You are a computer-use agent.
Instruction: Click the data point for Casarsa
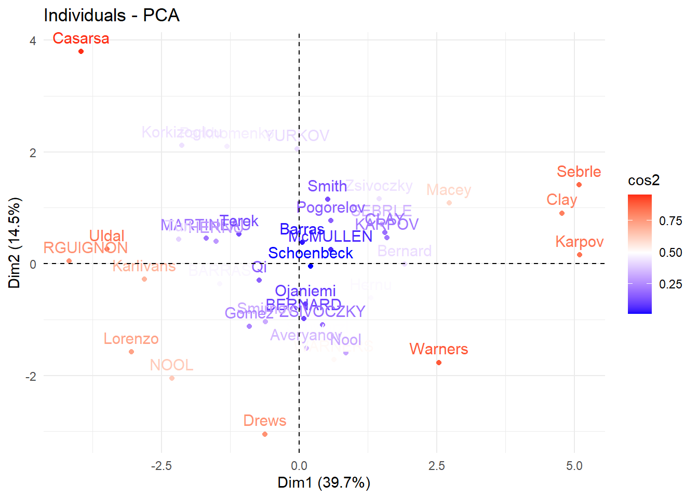pyautogui.click(x=81, y=51)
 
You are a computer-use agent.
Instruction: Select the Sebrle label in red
pyautogui.click(x=579, y=172)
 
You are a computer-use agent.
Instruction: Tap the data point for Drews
pyautogui.click(x=265, y=434)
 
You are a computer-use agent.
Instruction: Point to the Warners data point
pyautogui.click(x=439, y=363)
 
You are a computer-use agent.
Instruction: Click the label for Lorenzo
pyautogui.click(x=131, y=339)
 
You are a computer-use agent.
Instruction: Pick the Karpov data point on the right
pyautogui.click(x=580, y=255)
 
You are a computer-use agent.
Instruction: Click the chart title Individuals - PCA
pyautogui.click(x=112, y=16)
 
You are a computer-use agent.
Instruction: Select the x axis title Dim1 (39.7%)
pyautogui.click(x=324, y=483)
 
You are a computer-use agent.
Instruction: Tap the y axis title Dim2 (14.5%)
pyautogui.click(x=15, y=242)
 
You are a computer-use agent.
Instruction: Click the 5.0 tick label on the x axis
pyautogui.click(x=574, y=466)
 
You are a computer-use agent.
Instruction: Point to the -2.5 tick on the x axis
pyautogui.click(x=161, y=466)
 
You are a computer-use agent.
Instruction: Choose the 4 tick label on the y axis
pyautogui.click(x=33, y=41)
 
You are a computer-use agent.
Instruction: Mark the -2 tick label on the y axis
pyautogui.click(x=31, y=376)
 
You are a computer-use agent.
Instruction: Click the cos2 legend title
pyautogui.click(x=643, y=181)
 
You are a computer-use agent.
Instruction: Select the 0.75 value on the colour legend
pyautogui.click(x=670, y=221)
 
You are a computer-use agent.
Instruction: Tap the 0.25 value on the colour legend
pyautogui.click(x=670, y=284)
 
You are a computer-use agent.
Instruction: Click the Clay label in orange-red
pyautogui.click(x=561, y=200)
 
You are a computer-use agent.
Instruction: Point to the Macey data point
pyautogui.click(x=449, y=203)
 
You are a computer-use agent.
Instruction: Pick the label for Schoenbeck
pyautogui.click(x=311, y=253)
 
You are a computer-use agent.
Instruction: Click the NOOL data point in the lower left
pyautogui.click(x=172, y=378)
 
